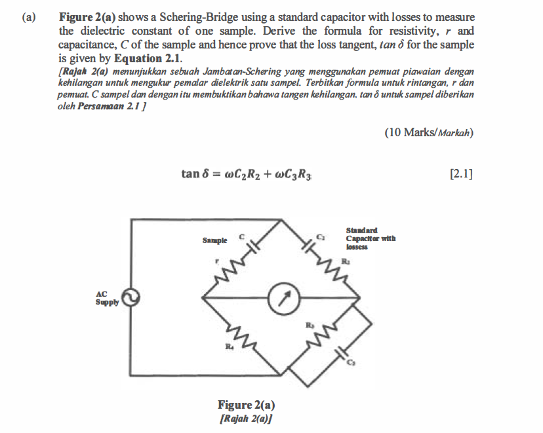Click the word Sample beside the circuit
(x=215, y=240)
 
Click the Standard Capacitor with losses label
(x=371, y=238)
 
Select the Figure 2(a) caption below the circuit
(x=246, y=405)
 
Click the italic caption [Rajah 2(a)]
(x=246, y=417)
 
